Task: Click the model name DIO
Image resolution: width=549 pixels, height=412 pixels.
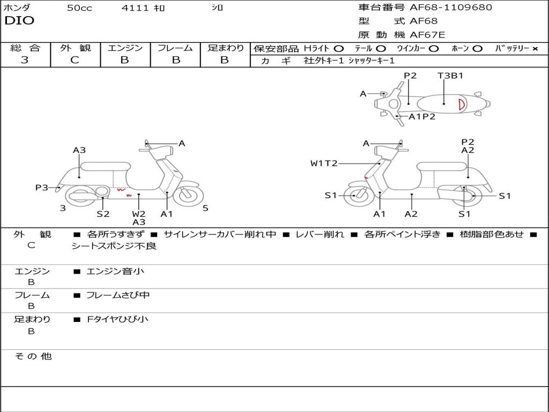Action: coord(19,21)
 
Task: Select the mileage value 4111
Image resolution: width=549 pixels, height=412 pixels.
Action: coord(135,8)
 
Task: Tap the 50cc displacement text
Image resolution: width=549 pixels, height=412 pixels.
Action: coord(79,8)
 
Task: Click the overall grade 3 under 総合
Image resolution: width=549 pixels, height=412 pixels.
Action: coord(25,60)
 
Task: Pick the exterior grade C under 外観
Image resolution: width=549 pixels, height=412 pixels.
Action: coord(75,60)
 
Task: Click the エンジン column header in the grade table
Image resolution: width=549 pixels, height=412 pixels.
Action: coord(125,48)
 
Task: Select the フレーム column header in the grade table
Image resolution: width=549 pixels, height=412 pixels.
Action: coord(175,48)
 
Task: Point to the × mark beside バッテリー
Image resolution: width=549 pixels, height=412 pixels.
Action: coord(535,49)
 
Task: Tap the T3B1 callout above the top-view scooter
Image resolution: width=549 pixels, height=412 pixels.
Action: coord(450,76)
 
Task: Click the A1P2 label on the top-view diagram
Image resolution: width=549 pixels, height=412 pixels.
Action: coord(422,116)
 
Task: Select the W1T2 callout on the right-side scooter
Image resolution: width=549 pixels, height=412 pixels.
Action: coord(324,163)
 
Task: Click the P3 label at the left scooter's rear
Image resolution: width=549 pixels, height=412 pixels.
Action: coord(42,187)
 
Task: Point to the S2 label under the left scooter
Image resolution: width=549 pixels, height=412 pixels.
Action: coord(103,214)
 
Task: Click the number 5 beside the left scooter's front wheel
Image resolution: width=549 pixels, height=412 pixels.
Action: coord(205,208)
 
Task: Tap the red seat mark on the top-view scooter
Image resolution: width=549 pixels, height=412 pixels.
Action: coord(461,104)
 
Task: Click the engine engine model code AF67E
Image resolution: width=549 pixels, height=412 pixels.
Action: coord(427,35)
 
